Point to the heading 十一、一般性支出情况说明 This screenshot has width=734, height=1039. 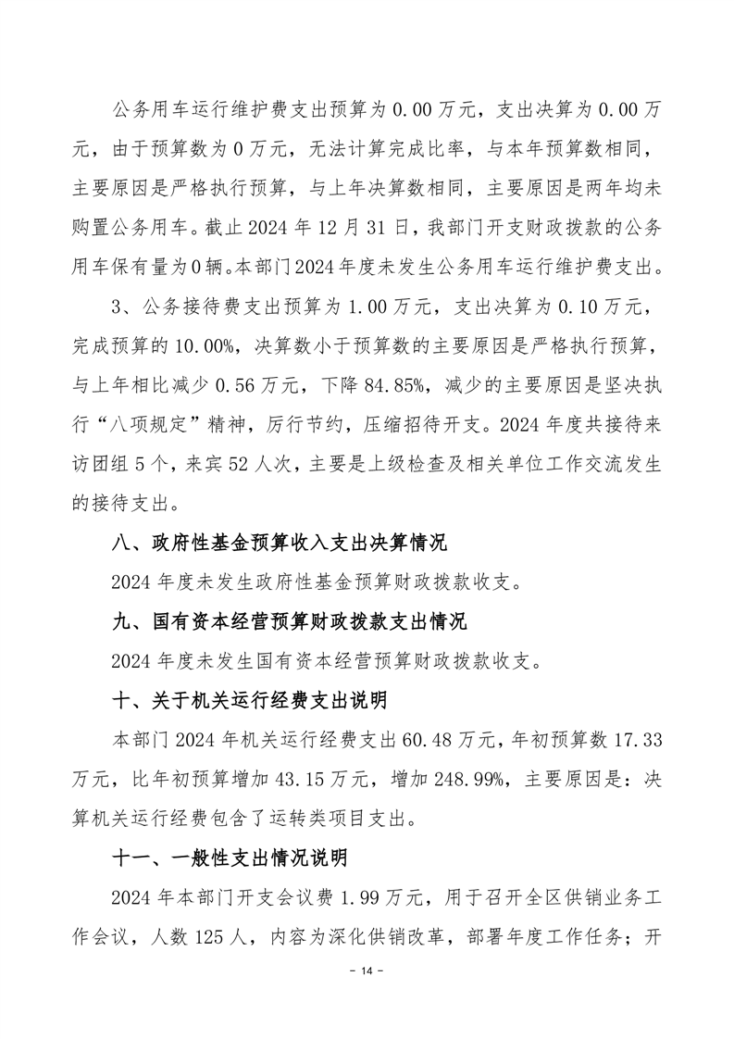(228, 857)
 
